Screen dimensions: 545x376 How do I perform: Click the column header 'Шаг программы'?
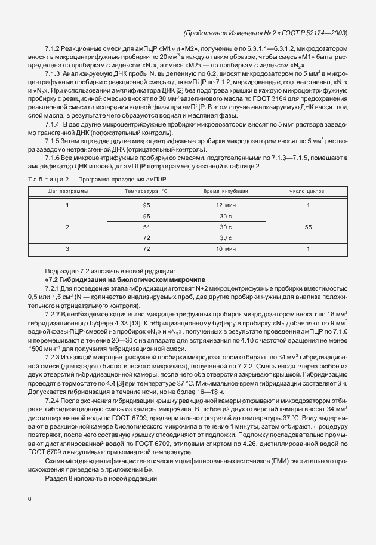click(x=67, y=191)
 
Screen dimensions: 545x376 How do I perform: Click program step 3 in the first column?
click(x=67, y=248)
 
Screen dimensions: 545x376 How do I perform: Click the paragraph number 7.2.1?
click(x=54, y=289)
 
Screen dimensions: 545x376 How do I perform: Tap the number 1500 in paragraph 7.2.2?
click(x=36, y=331)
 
